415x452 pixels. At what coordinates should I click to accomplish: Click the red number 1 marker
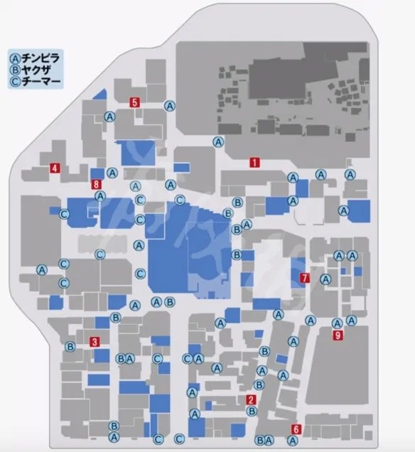coord(254,162)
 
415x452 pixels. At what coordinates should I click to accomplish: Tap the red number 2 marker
coord(250,399)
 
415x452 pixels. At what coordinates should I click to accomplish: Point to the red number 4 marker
coord(53,168)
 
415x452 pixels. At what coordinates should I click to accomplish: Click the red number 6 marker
coord(296,429)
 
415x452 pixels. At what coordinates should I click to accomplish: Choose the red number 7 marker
coord(304,278)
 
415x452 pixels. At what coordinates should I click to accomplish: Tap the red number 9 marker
coord(338,335)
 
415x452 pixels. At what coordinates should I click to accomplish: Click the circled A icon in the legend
coord(14,55)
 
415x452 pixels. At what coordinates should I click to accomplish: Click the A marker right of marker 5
coord(170,106)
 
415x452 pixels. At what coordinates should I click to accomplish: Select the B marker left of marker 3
coord(70,347)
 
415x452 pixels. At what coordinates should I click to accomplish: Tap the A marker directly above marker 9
coord(337,323)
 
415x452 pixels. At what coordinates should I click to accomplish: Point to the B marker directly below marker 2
coord(251,411)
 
